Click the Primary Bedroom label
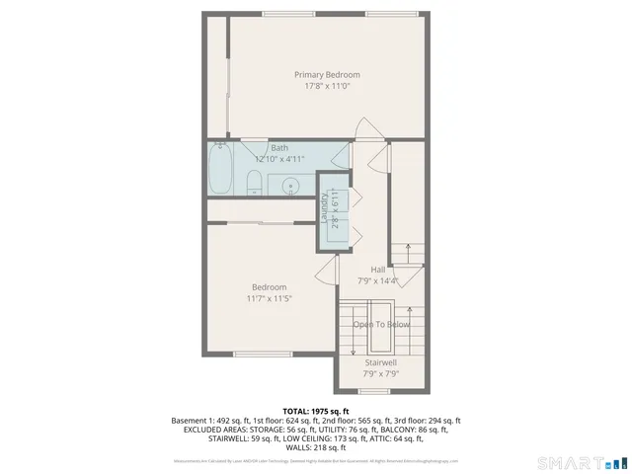(x=327, y=74)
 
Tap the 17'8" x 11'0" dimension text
(x=327, y=87)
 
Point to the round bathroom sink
(x=290, y=185)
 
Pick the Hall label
(x=377, y=269)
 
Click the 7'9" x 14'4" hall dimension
(x=377, y=280)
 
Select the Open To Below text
(x=381, y=324)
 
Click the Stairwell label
(x=381, y=362)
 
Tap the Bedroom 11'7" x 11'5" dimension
(x=269, y=298)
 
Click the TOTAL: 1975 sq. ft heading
(x=316, y=411)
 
